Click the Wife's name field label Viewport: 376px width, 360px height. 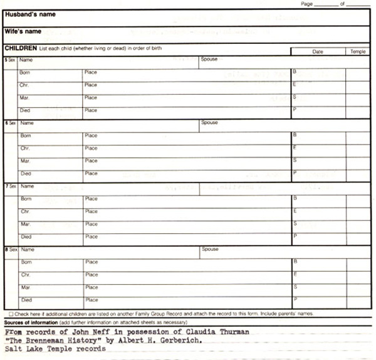tap(23, 31)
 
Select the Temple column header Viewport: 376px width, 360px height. tap(358, 51)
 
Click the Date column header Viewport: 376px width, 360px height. tap(318, 51)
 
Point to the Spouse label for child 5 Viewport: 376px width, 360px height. tap(209, 60)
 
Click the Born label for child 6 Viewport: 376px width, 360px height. tap(26, 135)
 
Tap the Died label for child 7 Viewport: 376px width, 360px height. tap(26, 237)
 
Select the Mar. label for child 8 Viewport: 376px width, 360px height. tap(26, 287)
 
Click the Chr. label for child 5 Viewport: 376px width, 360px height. tap(25, 85)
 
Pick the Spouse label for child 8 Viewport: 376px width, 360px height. tap(210, 249)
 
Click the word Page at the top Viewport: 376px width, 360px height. tap(306, 4)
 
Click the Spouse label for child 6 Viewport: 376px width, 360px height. tap(210, 123)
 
